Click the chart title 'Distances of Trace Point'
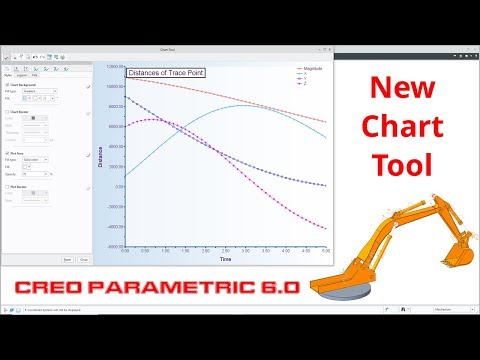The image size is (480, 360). click(x=166, y=72)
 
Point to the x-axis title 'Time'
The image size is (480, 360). click(x=226, y=259)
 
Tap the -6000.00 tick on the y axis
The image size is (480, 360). click(x=111, y=245)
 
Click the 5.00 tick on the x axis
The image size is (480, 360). click(x=325, y=251)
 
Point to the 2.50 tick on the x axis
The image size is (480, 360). click(x=226, y=251)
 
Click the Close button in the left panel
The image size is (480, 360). click(x=84, y=259)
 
